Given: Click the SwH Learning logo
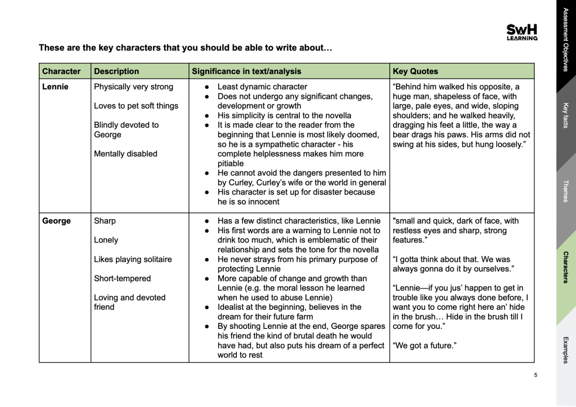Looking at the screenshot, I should coord(521,32).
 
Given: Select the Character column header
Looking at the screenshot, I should coord(61,71).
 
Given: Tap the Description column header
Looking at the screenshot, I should coord(116,71).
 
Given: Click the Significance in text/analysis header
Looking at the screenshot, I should coord(246,71).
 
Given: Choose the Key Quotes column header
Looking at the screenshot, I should coord(415,71).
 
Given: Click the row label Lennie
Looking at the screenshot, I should coord(55,87).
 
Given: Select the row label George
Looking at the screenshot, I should coord(56,221).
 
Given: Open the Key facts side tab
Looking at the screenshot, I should coord(565,115).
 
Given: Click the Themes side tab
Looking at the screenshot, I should coord(565,191).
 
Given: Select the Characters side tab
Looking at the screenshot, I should coord(565,267).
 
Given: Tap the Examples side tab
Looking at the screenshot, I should coord(565,350).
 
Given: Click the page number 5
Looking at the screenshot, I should coord(535,375).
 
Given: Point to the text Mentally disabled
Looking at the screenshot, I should coord(125,153).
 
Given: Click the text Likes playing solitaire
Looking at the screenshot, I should coord(133,259).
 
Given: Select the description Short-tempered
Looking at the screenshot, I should coord(122,278).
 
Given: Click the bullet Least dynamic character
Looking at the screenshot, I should coord(262,87).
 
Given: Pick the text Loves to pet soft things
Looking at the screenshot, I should coord(136,106).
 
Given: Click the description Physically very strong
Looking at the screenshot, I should coord(133,87).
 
